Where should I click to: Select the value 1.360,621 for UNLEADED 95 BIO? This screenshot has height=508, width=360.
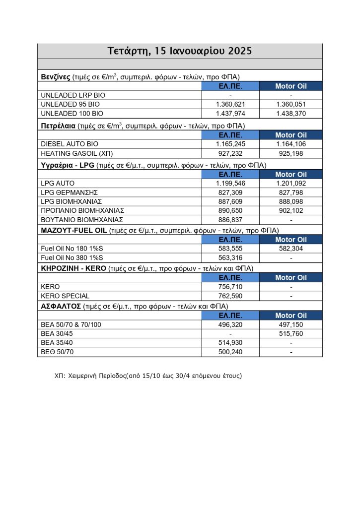point(231,104)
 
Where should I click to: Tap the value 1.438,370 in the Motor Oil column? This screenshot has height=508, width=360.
point(291,113)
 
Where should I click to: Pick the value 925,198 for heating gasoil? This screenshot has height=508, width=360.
point(291,153)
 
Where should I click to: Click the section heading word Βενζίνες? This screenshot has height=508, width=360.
point(55,77)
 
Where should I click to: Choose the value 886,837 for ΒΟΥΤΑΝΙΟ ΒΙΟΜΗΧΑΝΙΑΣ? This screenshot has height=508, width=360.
point(231,219)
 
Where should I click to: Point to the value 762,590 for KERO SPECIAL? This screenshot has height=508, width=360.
point(231,296)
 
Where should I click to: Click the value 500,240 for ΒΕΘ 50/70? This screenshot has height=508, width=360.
point(231,352)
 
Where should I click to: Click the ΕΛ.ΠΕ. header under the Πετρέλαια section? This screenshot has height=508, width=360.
point(231,135)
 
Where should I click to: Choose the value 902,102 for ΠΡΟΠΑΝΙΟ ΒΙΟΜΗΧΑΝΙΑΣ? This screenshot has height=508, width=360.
point(291,210)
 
